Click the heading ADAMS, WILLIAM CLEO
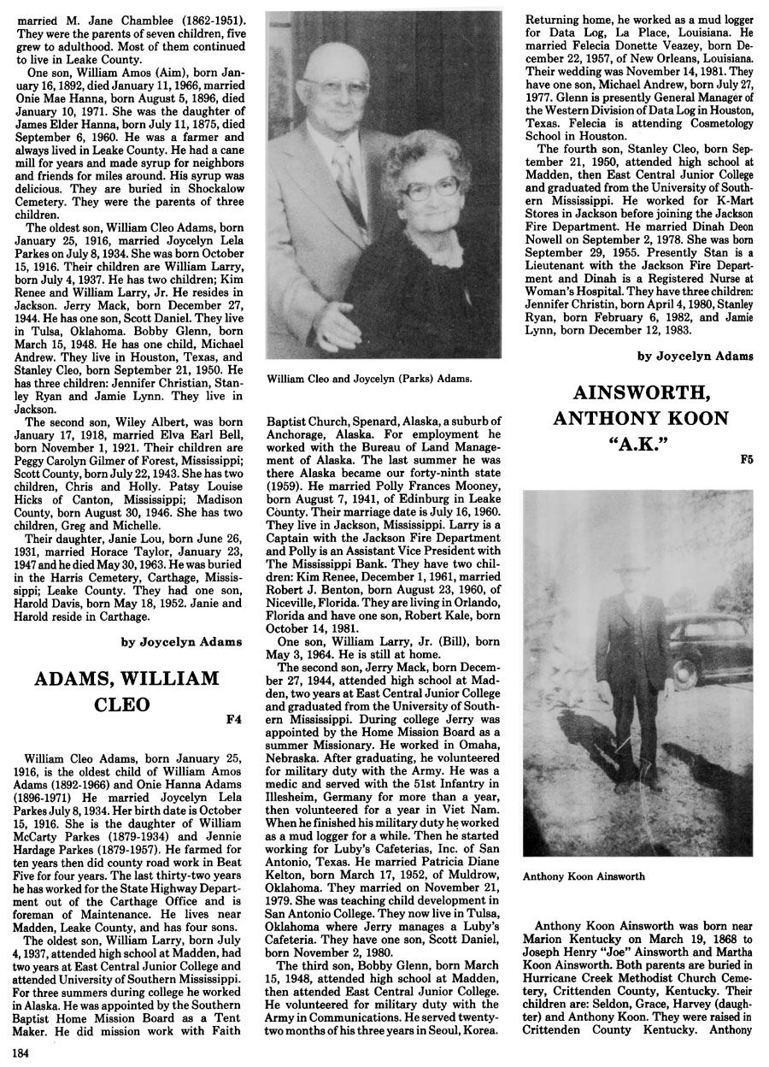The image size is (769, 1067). pyautogui.click(x=126, y=693)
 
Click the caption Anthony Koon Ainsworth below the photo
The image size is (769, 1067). pyautogui.click(x=584, y=876)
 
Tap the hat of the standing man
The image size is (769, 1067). pyautogui.click(x=625, y=566)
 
